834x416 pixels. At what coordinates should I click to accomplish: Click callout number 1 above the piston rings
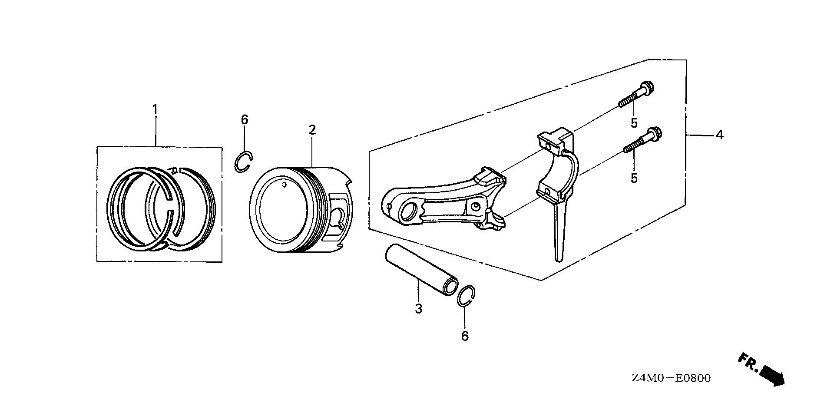point(155,97)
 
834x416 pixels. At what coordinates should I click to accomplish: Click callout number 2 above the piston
point(312,129)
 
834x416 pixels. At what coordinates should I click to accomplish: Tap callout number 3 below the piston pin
point(418,309)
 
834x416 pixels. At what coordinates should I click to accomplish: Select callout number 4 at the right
point(720,135)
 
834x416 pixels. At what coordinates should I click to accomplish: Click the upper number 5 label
point(634,123)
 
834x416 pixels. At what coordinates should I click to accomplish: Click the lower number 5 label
point(634,178)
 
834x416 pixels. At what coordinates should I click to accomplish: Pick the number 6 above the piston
point(245,119)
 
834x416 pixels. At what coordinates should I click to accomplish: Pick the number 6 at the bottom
point(465,336)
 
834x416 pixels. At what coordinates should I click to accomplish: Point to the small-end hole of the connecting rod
point(408,213)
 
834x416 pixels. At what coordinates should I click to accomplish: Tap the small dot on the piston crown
point(284,185)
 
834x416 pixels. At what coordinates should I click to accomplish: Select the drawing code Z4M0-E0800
point(672,378)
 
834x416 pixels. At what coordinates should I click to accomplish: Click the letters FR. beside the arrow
point(748,361)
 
